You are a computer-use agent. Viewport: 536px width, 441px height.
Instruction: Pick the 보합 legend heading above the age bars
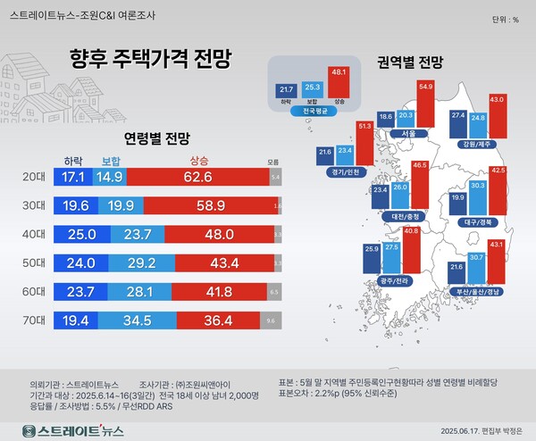coord(112,162)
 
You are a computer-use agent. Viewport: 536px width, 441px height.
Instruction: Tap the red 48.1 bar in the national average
coord(339,81)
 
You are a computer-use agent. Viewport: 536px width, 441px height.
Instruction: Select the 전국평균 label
coord(313,112)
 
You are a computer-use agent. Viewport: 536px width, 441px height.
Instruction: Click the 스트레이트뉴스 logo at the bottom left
coord(73,430)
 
